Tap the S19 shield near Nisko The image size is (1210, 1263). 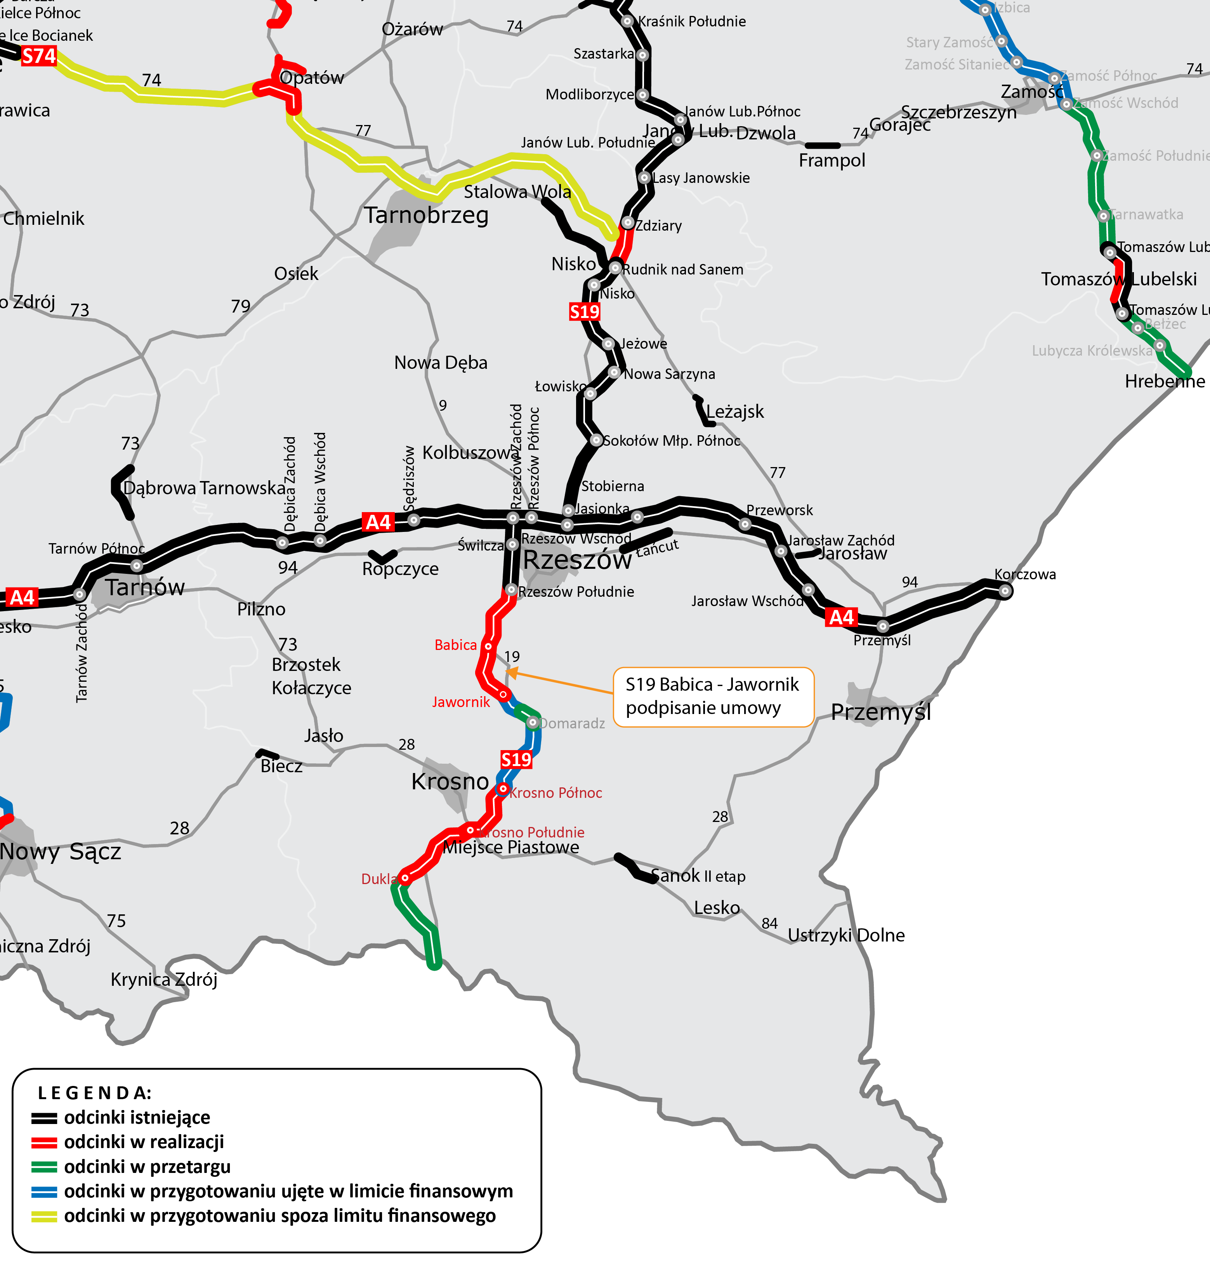(584, 312)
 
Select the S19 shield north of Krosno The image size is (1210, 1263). (516, 760)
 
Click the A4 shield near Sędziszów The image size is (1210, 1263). (378, 522)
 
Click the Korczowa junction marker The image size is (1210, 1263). (1005, 590)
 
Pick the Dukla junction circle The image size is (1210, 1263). (404, 878)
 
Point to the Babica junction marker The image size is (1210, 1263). (488, 646)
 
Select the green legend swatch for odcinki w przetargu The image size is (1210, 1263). (44, 1167)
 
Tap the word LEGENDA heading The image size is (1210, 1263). (94, 1093)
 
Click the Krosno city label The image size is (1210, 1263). (450, 781)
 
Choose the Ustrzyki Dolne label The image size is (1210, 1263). (846, 935)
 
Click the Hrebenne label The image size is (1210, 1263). (1164, 382)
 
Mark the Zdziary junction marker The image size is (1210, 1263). (628, 223)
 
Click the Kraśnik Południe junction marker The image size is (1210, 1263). (627, 21)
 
